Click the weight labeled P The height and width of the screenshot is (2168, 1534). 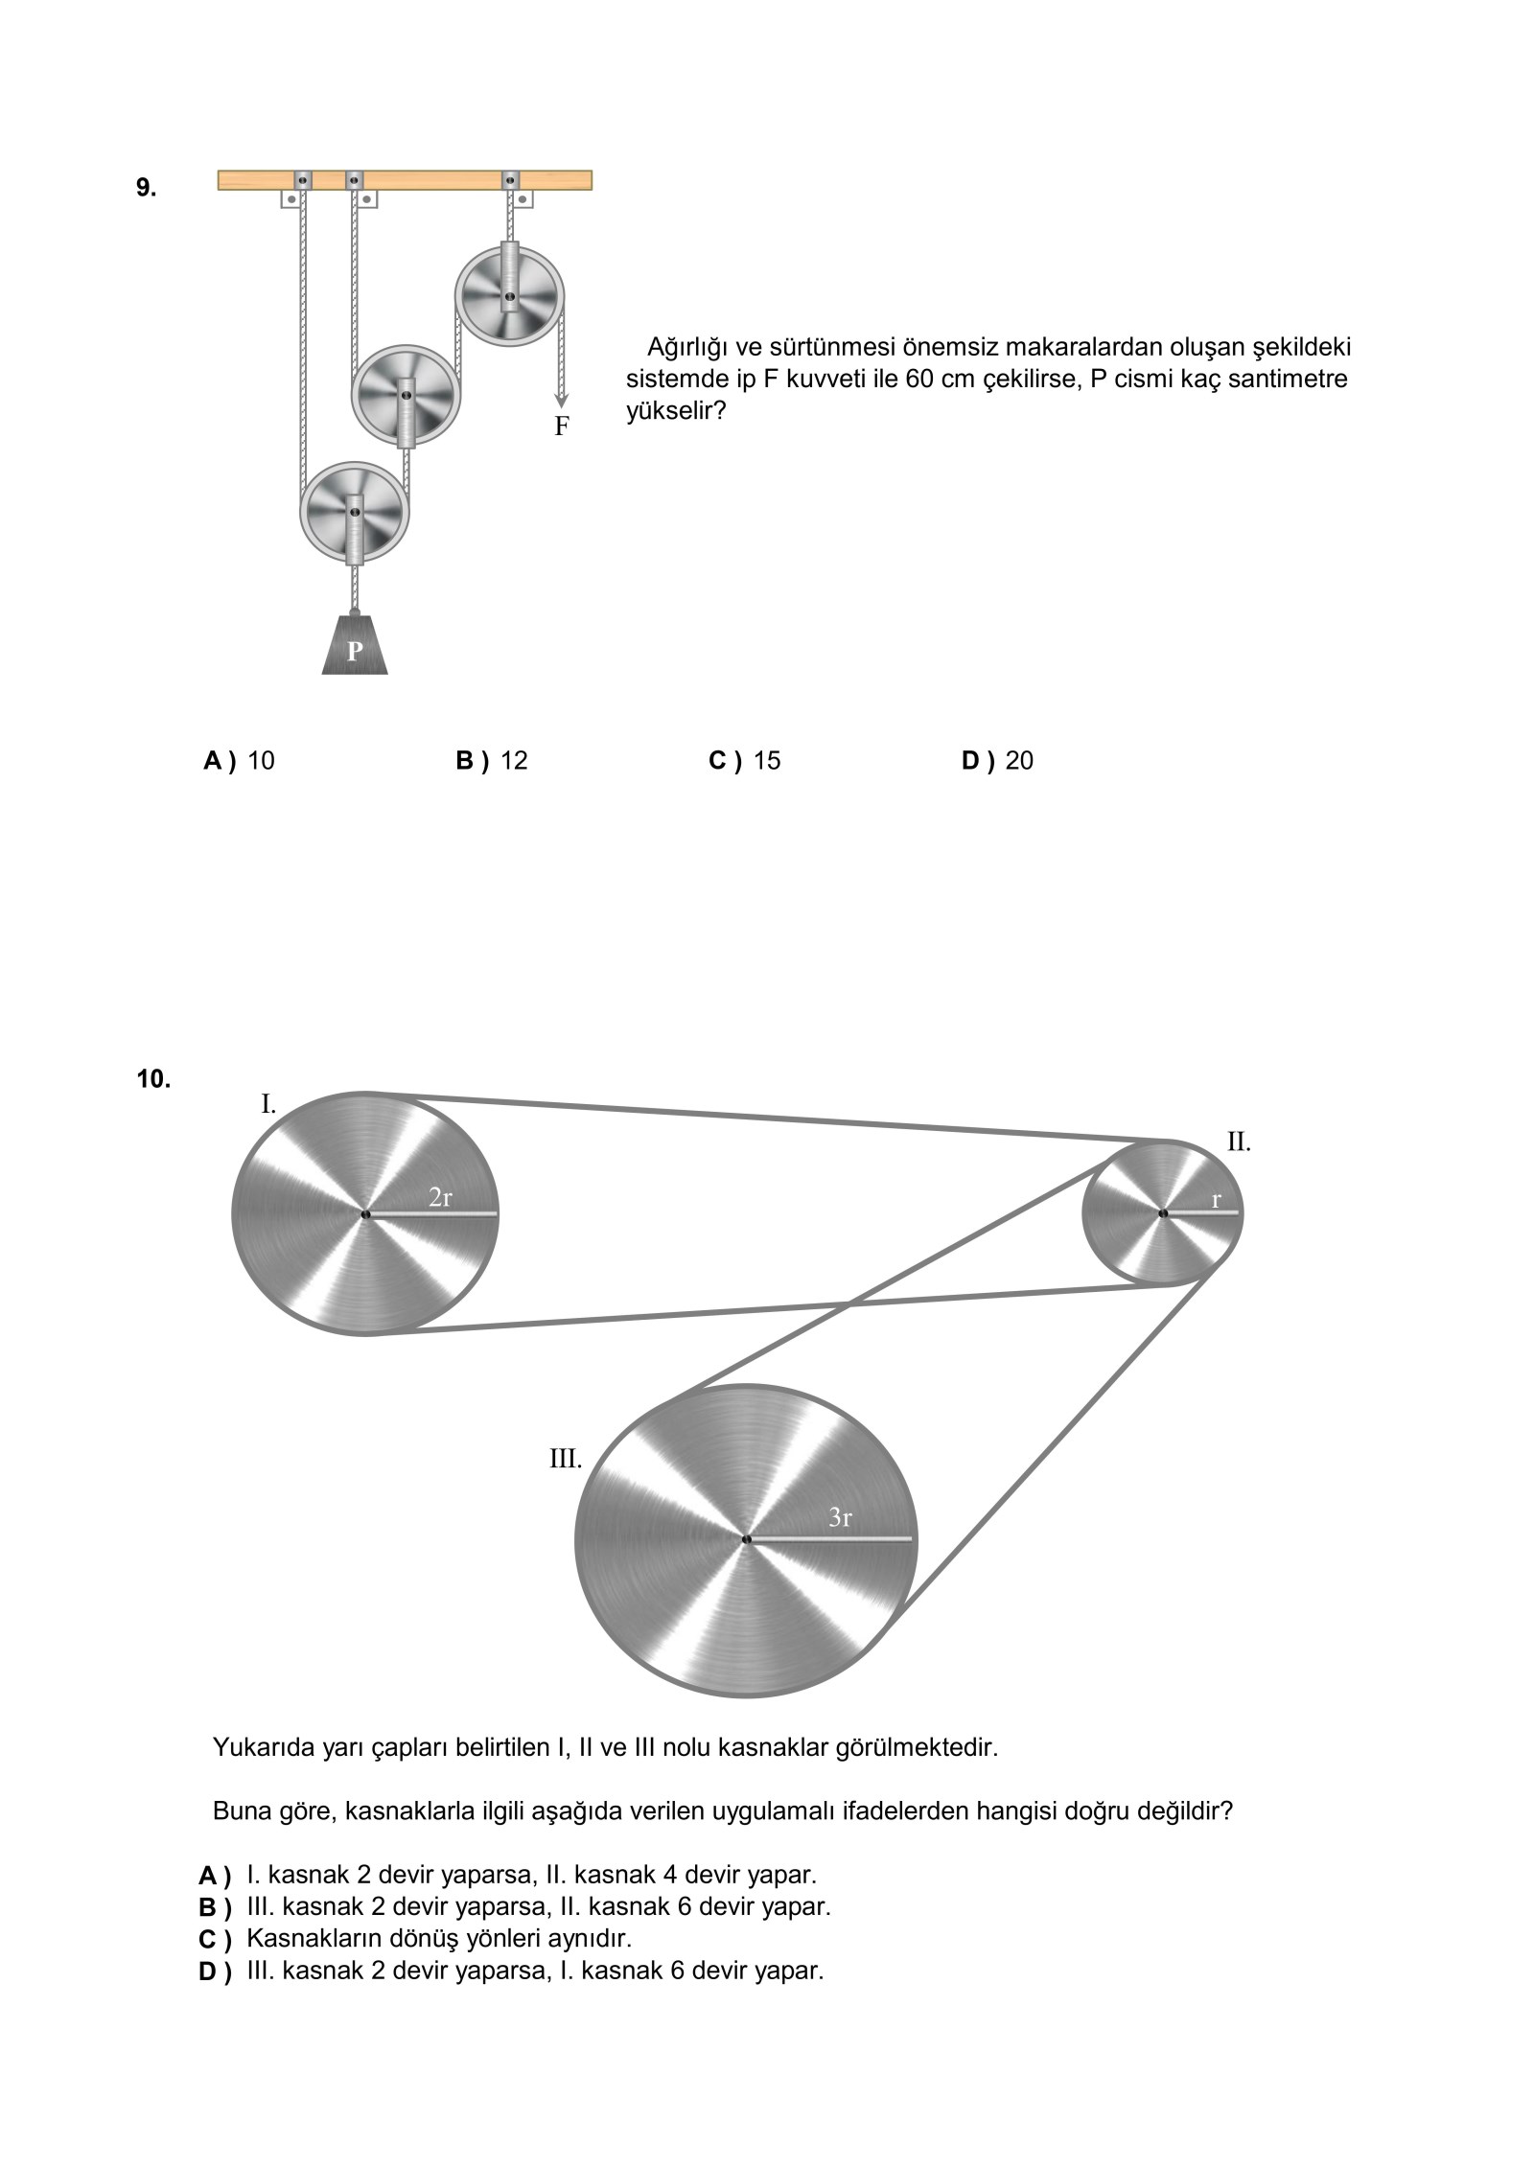click(355, 649)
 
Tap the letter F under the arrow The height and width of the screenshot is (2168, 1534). click(562, 427)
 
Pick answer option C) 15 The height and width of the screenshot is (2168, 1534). click(745, 760)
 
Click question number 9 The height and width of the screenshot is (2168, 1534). click(146, 188)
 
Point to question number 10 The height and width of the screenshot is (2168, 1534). click(153, 1079)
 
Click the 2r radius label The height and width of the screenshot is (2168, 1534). click(440, 1197)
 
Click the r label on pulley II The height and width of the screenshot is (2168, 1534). click(1216, 1199)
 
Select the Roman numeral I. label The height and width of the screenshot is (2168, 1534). click(268, 1104)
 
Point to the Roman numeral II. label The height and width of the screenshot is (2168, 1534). click(1239, 1142)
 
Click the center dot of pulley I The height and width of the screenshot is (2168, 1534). click(365, 1214)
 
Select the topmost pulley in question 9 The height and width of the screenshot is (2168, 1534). click(510, 296)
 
